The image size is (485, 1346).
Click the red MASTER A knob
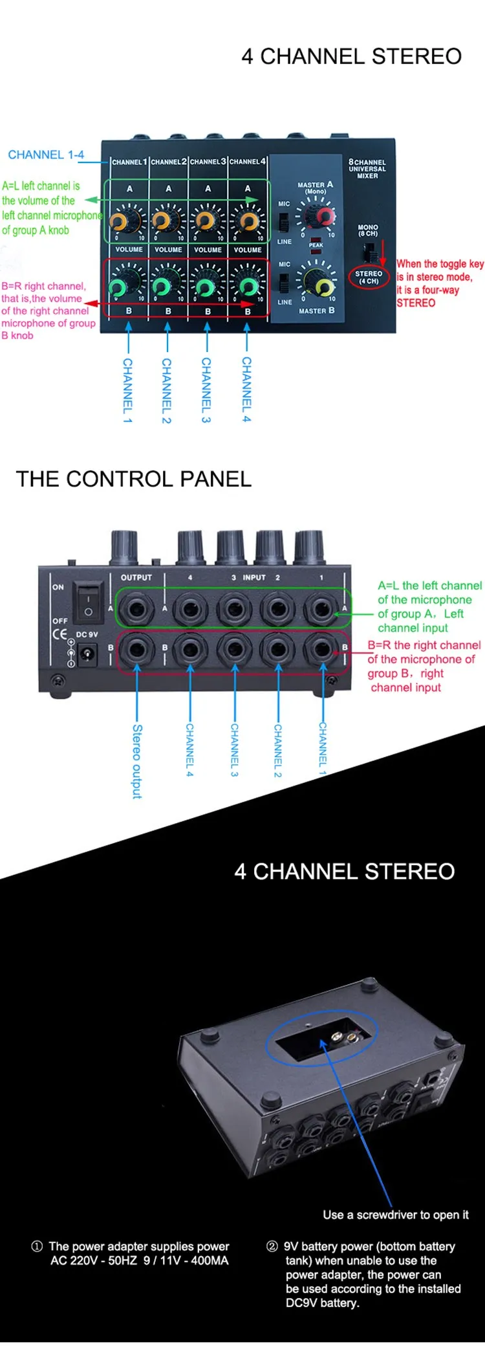pyautogui.click(x=323, y=216)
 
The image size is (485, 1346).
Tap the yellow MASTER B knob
pyautogui.click(x=323, y=285)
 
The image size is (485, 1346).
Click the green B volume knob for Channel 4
pyautogui.click(x=248, y=286)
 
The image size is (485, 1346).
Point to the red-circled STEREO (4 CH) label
pyautogui.click(x=369, y=278)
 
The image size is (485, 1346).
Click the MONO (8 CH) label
pyautogui.click(x=367, y=230)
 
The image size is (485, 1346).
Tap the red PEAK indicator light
pyautogui.click(x=316, y=251)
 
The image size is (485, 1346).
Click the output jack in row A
pyautogui.click(x=136, y=608)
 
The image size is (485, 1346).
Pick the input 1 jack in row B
pyautogui.click(x=321, y=649)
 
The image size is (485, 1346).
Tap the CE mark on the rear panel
pyautogui.click(x=59, y=634)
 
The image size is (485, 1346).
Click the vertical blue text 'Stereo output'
pyautogui.click(x=137, y=761)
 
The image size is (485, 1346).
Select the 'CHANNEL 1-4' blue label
pyautogui.click(x=46, y=155)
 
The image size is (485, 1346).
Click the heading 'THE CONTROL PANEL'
pyautogui.click(x=133, y=479)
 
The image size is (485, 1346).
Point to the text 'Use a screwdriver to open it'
pyautogui.click(x=396, y=1215)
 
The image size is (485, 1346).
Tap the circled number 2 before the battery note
pyautogui.click(x=272, y=1246)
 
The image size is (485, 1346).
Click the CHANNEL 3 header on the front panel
pyautogui.click(x=208, y=162)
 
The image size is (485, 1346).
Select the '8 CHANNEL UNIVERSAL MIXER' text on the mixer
pyautogui.click(x=367, y=168)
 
